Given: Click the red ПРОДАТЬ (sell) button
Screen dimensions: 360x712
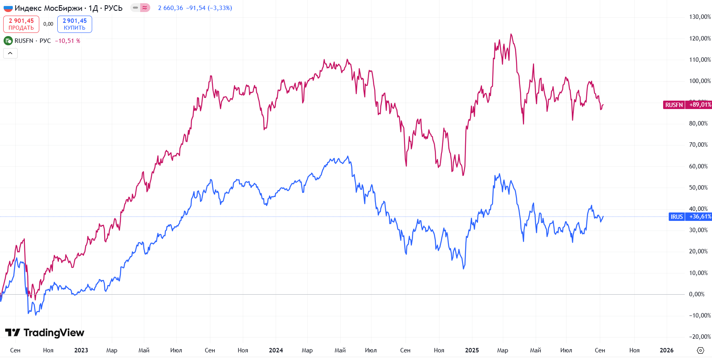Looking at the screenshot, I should click(21, 24).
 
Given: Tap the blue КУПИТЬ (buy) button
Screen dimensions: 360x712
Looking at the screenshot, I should click(75, 24).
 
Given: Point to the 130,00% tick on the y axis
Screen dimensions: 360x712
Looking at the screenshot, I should click(700, 17).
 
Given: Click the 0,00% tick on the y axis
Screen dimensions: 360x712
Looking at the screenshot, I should click(696, 294).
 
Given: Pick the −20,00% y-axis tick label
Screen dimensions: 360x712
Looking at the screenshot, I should click(700, 337).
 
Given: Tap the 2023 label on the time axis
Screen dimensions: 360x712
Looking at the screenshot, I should click(81, 350).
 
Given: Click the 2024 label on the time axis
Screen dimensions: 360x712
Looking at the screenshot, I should click(276, 350).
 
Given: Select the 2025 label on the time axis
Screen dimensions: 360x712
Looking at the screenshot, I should click(472, 350).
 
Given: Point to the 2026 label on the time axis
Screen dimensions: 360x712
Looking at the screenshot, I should click(666, 350).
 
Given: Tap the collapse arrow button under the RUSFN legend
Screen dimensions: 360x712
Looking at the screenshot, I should click(10, 53).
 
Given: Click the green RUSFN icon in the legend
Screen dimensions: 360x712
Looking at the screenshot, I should click(8, 41).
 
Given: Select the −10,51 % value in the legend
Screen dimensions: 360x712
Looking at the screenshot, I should click(67, 41).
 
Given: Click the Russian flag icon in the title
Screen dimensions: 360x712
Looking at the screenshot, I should click(8, 8).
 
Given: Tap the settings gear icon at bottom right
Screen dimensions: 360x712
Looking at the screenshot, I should click(700, 350).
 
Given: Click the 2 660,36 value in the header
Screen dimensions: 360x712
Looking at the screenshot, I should click(170, 8).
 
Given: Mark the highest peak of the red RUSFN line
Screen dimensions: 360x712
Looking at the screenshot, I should click(511, 34).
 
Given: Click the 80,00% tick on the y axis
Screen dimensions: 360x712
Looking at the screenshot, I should click(698, 123).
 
